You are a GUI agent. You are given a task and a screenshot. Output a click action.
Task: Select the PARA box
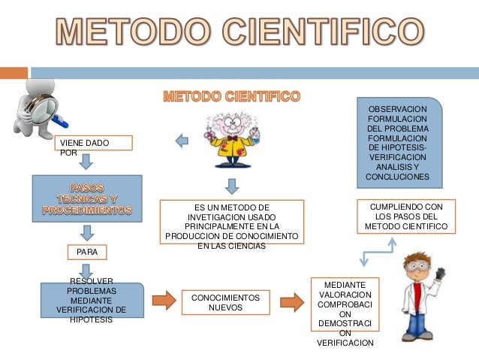coord(87,251)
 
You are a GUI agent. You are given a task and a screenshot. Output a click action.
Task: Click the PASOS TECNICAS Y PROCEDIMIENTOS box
coord(86,199)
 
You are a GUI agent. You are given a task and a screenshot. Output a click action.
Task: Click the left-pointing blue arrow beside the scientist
coord(182,140)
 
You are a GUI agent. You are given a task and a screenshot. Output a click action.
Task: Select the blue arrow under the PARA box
coord(87,270)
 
